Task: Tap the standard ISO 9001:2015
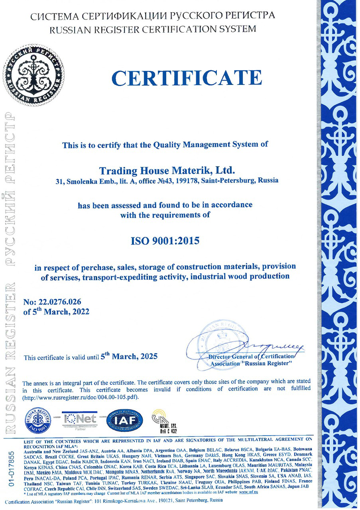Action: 165,241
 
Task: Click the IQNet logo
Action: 80,419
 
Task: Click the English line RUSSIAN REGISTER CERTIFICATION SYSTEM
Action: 153,29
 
